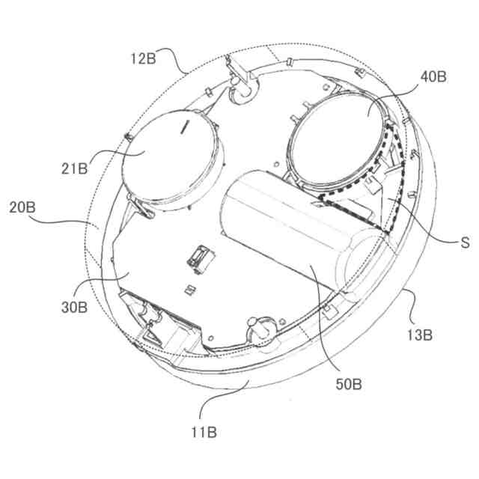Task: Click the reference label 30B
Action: [x=74, y=306]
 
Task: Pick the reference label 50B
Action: [x=350, y=384]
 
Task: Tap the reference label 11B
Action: [x=204, y=431]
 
